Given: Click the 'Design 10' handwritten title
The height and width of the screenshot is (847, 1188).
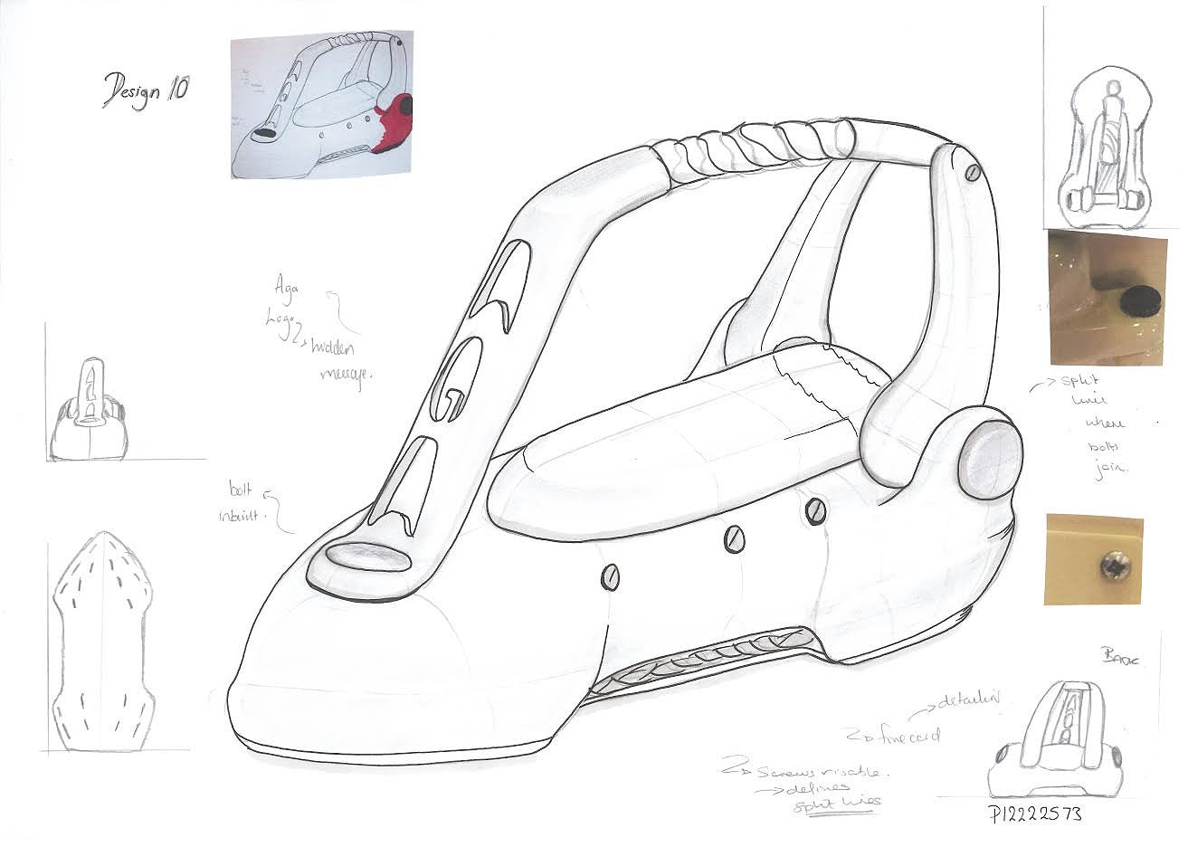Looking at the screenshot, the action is pyautogui.click(x=146, y=90).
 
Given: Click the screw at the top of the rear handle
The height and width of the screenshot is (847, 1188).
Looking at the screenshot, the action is pyautogui.click(x=973, y=171).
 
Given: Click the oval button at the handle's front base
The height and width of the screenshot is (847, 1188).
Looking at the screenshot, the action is pyautogui.click(x=366, y=557).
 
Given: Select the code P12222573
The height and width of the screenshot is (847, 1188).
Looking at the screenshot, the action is pyautogui.click(x=1035, y=814).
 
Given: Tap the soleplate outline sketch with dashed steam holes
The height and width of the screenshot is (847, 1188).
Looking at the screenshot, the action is pyautogui.click(x=103, y=642).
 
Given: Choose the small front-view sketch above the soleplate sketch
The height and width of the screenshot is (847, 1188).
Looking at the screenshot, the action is pyautogui.click(x=88, y=412).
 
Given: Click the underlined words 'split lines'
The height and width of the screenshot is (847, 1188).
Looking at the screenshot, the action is pyautogui.click(x=837, y=804).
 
